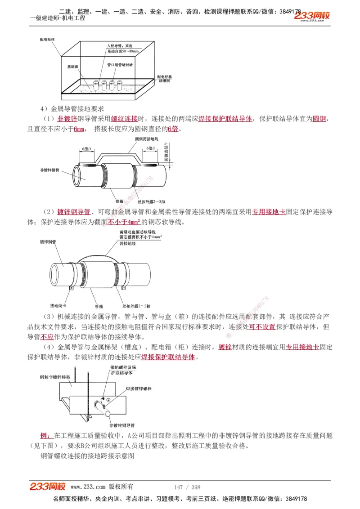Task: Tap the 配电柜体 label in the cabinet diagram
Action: click(x=47, y=40)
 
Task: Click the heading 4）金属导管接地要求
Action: click(x=72, y=108)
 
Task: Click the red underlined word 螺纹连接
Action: click(x=124, y=119)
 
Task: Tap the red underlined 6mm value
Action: click(x=79, y=129)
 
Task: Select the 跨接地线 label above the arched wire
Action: click(x=127, y=243)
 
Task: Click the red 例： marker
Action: click(x=46, y=436)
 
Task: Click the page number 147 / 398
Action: click(x=187, y=487)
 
